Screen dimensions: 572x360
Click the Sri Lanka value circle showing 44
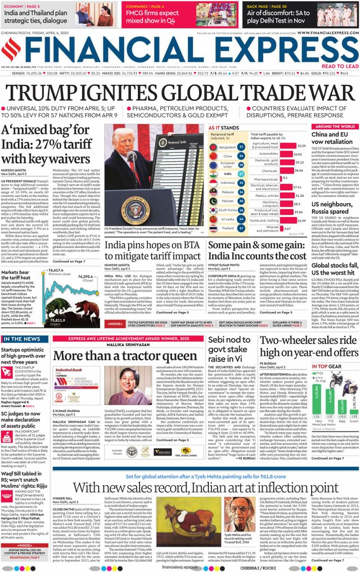pyautogui.click(x=241, y=219)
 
